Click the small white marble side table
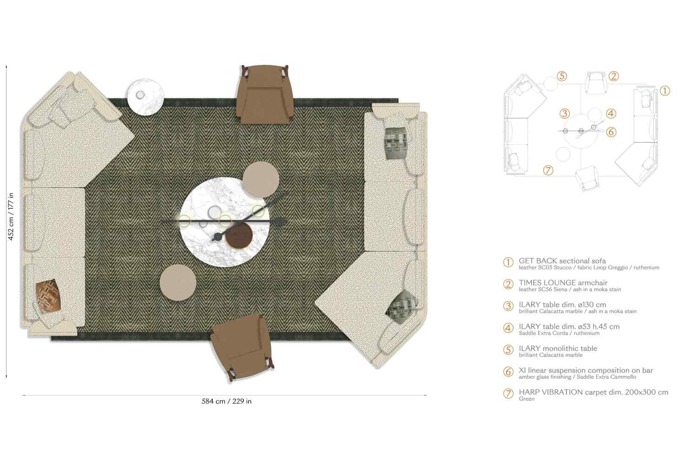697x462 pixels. pos(146,97)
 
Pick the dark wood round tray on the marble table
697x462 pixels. pos(238,236)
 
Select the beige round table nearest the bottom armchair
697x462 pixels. pos(178,282)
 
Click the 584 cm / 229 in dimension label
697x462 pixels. pos(226,401)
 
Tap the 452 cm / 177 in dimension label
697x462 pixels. pos(11,216)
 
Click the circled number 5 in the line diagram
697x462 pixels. pos(562,76)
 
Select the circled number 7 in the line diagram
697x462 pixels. pos(548,170)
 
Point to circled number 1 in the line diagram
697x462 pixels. pos(665,91)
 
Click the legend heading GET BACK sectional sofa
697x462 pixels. pos(562,261)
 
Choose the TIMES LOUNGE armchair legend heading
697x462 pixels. pos(563,282)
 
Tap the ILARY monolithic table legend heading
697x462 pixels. pos(558,348)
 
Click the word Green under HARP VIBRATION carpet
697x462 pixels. pos(526,399)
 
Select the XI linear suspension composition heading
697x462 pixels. pos(585,370)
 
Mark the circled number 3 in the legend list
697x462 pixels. pos(508,306)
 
